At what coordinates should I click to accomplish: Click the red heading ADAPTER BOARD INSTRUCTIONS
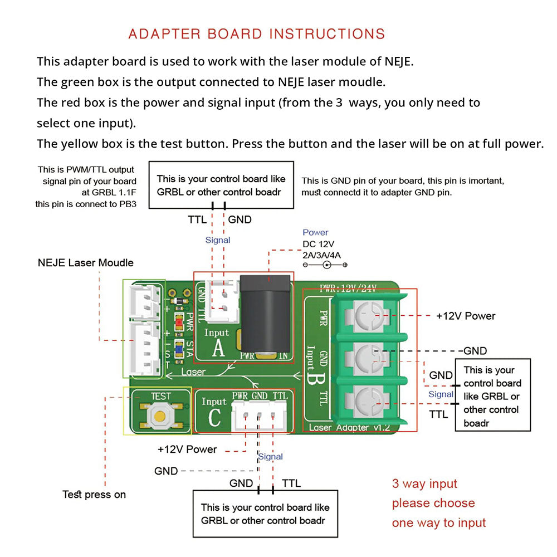tap(257, 34)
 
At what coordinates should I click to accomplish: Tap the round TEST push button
tap(160, 415)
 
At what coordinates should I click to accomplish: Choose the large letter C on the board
tap(214, 418)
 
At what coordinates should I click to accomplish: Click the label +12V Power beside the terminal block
tap(466, 316)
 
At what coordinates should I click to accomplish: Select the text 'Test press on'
tap(94, 495)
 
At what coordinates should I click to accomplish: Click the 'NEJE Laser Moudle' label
tap(86, 262)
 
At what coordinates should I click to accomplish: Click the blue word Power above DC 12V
tap(315, 232)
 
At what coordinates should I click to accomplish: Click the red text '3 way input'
tap(424, 484)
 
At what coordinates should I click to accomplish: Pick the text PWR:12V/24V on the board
tap(348, 288)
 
